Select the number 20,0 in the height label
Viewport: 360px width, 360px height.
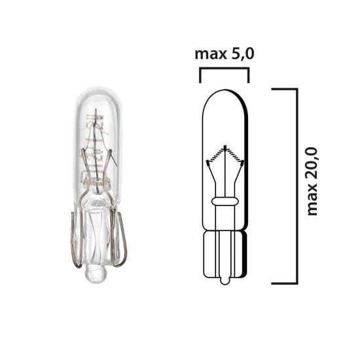pyautogui.click(x=312, y=150)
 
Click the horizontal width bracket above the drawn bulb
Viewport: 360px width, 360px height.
pyautogui.click(x=225, y=67)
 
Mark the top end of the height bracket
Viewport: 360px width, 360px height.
pyautogui.click(x=283, y=88)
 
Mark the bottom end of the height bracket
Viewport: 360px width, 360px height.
pyautogui.click(x=283, y=283)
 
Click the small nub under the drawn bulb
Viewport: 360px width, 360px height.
pyautogui.click(x=225, y=280)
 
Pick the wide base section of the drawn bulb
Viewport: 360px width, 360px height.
pyautogui.click(x=225, y=252)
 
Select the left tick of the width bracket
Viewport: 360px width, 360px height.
pyautogui.click(x=200, y=75)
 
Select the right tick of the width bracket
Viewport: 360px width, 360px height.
pyautogui.click(x=249, y=75)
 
